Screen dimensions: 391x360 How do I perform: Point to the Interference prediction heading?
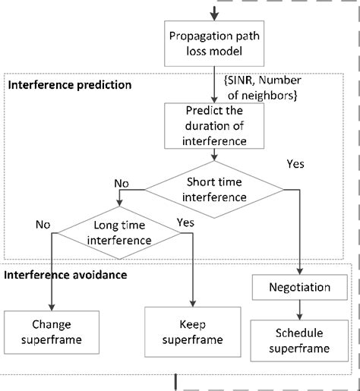[x=69, y=84]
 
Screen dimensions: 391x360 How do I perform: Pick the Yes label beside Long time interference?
[x=185, y=222]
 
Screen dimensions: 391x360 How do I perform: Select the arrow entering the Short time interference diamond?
[x=218, y=155]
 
